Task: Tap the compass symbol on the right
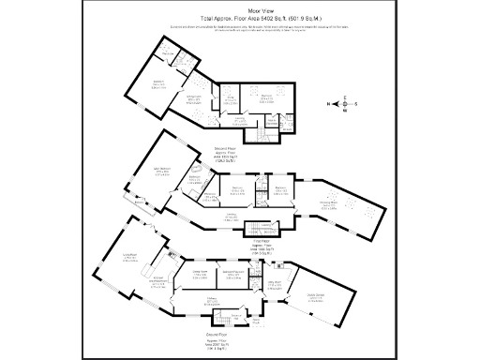(344, 103)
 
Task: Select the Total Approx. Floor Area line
(240, 18)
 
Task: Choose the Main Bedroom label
(162, 172)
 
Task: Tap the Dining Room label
(200, 274)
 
